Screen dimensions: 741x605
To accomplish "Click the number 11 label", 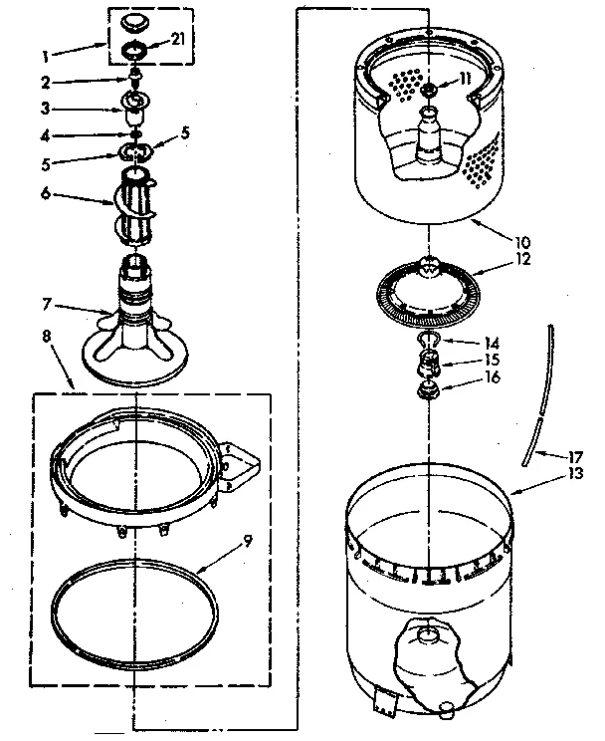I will (466, 79).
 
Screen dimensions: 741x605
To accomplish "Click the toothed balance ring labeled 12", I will (426, 292).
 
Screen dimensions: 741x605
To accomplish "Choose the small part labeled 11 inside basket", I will (429, 92).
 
